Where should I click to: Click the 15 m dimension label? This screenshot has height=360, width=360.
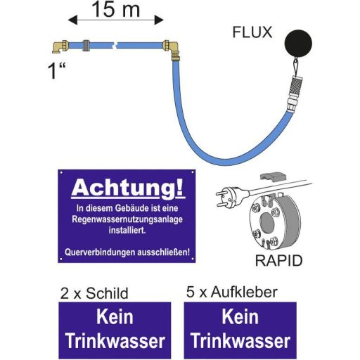116,9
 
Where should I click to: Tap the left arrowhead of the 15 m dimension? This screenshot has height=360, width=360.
72,20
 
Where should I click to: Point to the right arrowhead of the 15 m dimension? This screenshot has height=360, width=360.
159,20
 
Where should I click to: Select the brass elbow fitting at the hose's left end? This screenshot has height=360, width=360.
60,46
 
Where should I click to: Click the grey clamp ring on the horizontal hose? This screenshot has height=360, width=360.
86,45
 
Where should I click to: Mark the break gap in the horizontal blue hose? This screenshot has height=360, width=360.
115,45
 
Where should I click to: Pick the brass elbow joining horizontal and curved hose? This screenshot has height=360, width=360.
172,50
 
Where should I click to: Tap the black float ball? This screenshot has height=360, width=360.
298,43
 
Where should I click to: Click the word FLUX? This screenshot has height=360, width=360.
252,32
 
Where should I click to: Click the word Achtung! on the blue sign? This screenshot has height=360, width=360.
128,188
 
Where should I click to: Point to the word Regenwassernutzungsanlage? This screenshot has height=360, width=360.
127,219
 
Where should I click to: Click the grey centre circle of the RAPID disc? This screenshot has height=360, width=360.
266,222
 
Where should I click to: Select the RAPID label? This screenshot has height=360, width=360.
278,260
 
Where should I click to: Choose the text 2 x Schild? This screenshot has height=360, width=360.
94,293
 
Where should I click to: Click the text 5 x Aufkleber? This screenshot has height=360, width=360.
232,292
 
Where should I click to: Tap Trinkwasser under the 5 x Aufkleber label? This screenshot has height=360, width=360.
240,341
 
